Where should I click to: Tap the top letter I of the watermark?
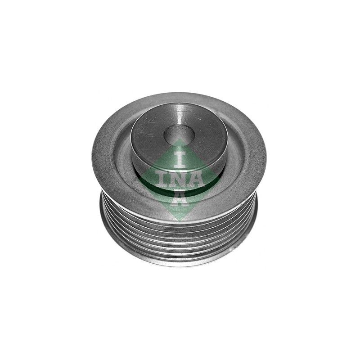[180, 159]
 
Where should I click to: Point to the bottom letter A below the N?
[180, 198]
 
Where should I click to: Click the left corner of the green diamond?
[139, 180]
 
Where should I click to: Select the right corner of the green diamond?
[221, 180]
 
